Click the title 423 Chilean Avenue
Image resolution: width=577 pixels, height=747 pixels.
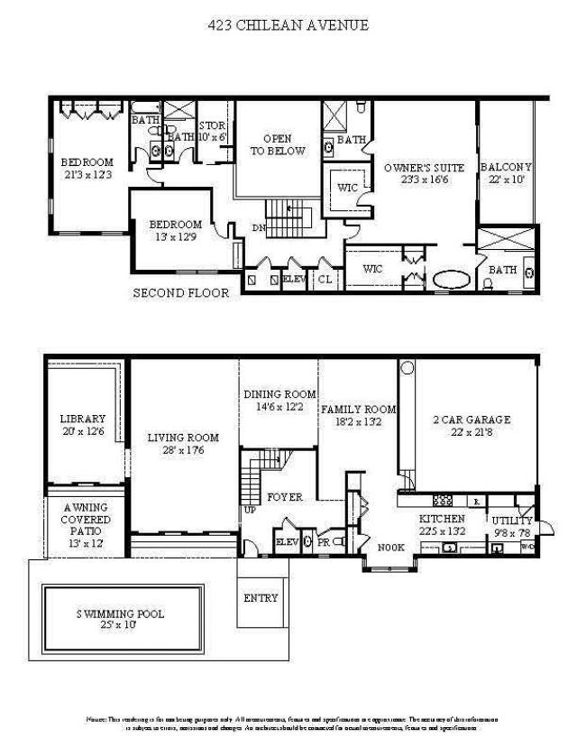click(x=288, y=25)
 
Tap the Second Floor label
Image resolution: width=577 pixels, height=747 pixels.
click(x=181, y=292)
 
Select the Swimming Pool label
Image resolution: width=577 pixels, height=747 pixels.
click(x=120, y=614)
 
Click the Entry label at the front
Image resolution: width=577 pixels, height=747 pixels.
click(x=261, y=598)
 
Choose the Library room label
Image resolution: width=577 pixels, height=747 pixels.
click(x=83, y=419)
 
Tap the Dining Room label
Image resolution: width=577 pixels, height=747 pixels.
click(x=279, y=394)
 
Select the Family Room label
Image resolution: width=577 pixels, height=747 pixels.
click(x=359, y=409)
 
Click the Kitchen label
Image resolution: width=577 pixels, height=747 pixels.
click(x=442, y=519)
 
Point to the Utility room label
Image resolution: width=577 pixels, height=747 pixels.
click(x=511, y=521)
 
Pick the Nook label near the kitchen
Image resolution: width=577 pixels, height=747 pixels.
click(x=390, y=547)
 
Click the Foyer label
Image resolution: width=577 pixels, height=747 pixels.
click(x=284, y=497)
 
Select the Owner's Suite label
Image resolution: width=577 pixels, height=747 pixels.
click(x=424, y=168)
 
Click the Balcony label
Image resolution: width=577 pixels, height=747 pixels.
click(x=506, y=167)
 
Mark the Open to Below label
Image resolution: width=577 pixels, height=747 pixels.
click(x=278, y=144)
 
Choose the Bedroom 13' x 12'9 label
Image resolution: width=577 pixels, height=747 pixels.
click(x=175, y=225)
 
